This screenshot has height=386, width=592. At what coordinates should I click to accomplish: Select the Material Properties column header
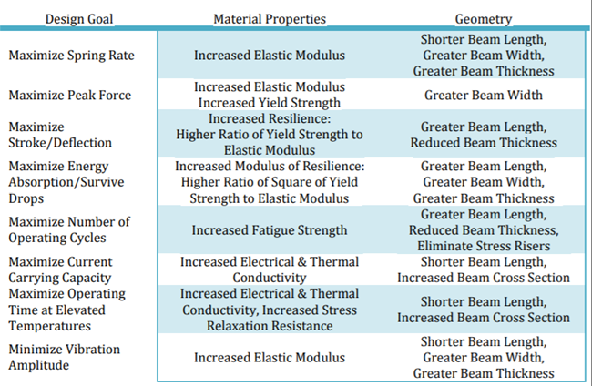(270, 18)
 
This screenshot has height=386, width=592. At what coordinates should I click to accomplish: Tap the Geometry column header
(484, 18)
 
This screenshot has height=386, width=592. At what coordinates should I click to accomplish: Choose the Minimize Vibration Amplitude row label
(64, 357)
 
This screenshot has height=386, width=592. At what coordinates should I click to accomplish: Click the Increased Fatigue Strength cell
(270, 230)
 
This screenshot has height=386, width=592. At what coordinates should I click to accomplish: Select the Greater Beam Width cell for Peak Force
(484, 95)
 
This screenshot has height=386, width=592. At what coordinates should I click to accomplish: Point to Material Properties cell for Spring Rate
(270, 56)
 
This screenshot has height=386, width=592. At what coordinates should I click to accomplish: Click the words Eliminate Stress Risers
(484, 246)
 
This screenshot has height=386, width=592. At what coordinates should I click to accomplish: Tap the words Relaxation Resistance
(270, 325)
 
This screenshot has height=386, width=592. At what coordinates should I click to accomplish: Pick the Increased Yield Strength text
(270, 103)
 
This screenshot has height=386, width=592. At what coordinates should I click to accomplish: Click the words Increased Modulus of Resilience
(270, 167)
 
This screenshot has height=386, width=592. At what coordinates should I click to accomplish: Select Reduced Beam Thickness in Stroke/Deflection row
(484, 143)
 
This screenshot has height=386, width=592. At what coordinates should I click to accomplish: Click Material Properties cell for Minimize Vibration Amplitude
(270, 358)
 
